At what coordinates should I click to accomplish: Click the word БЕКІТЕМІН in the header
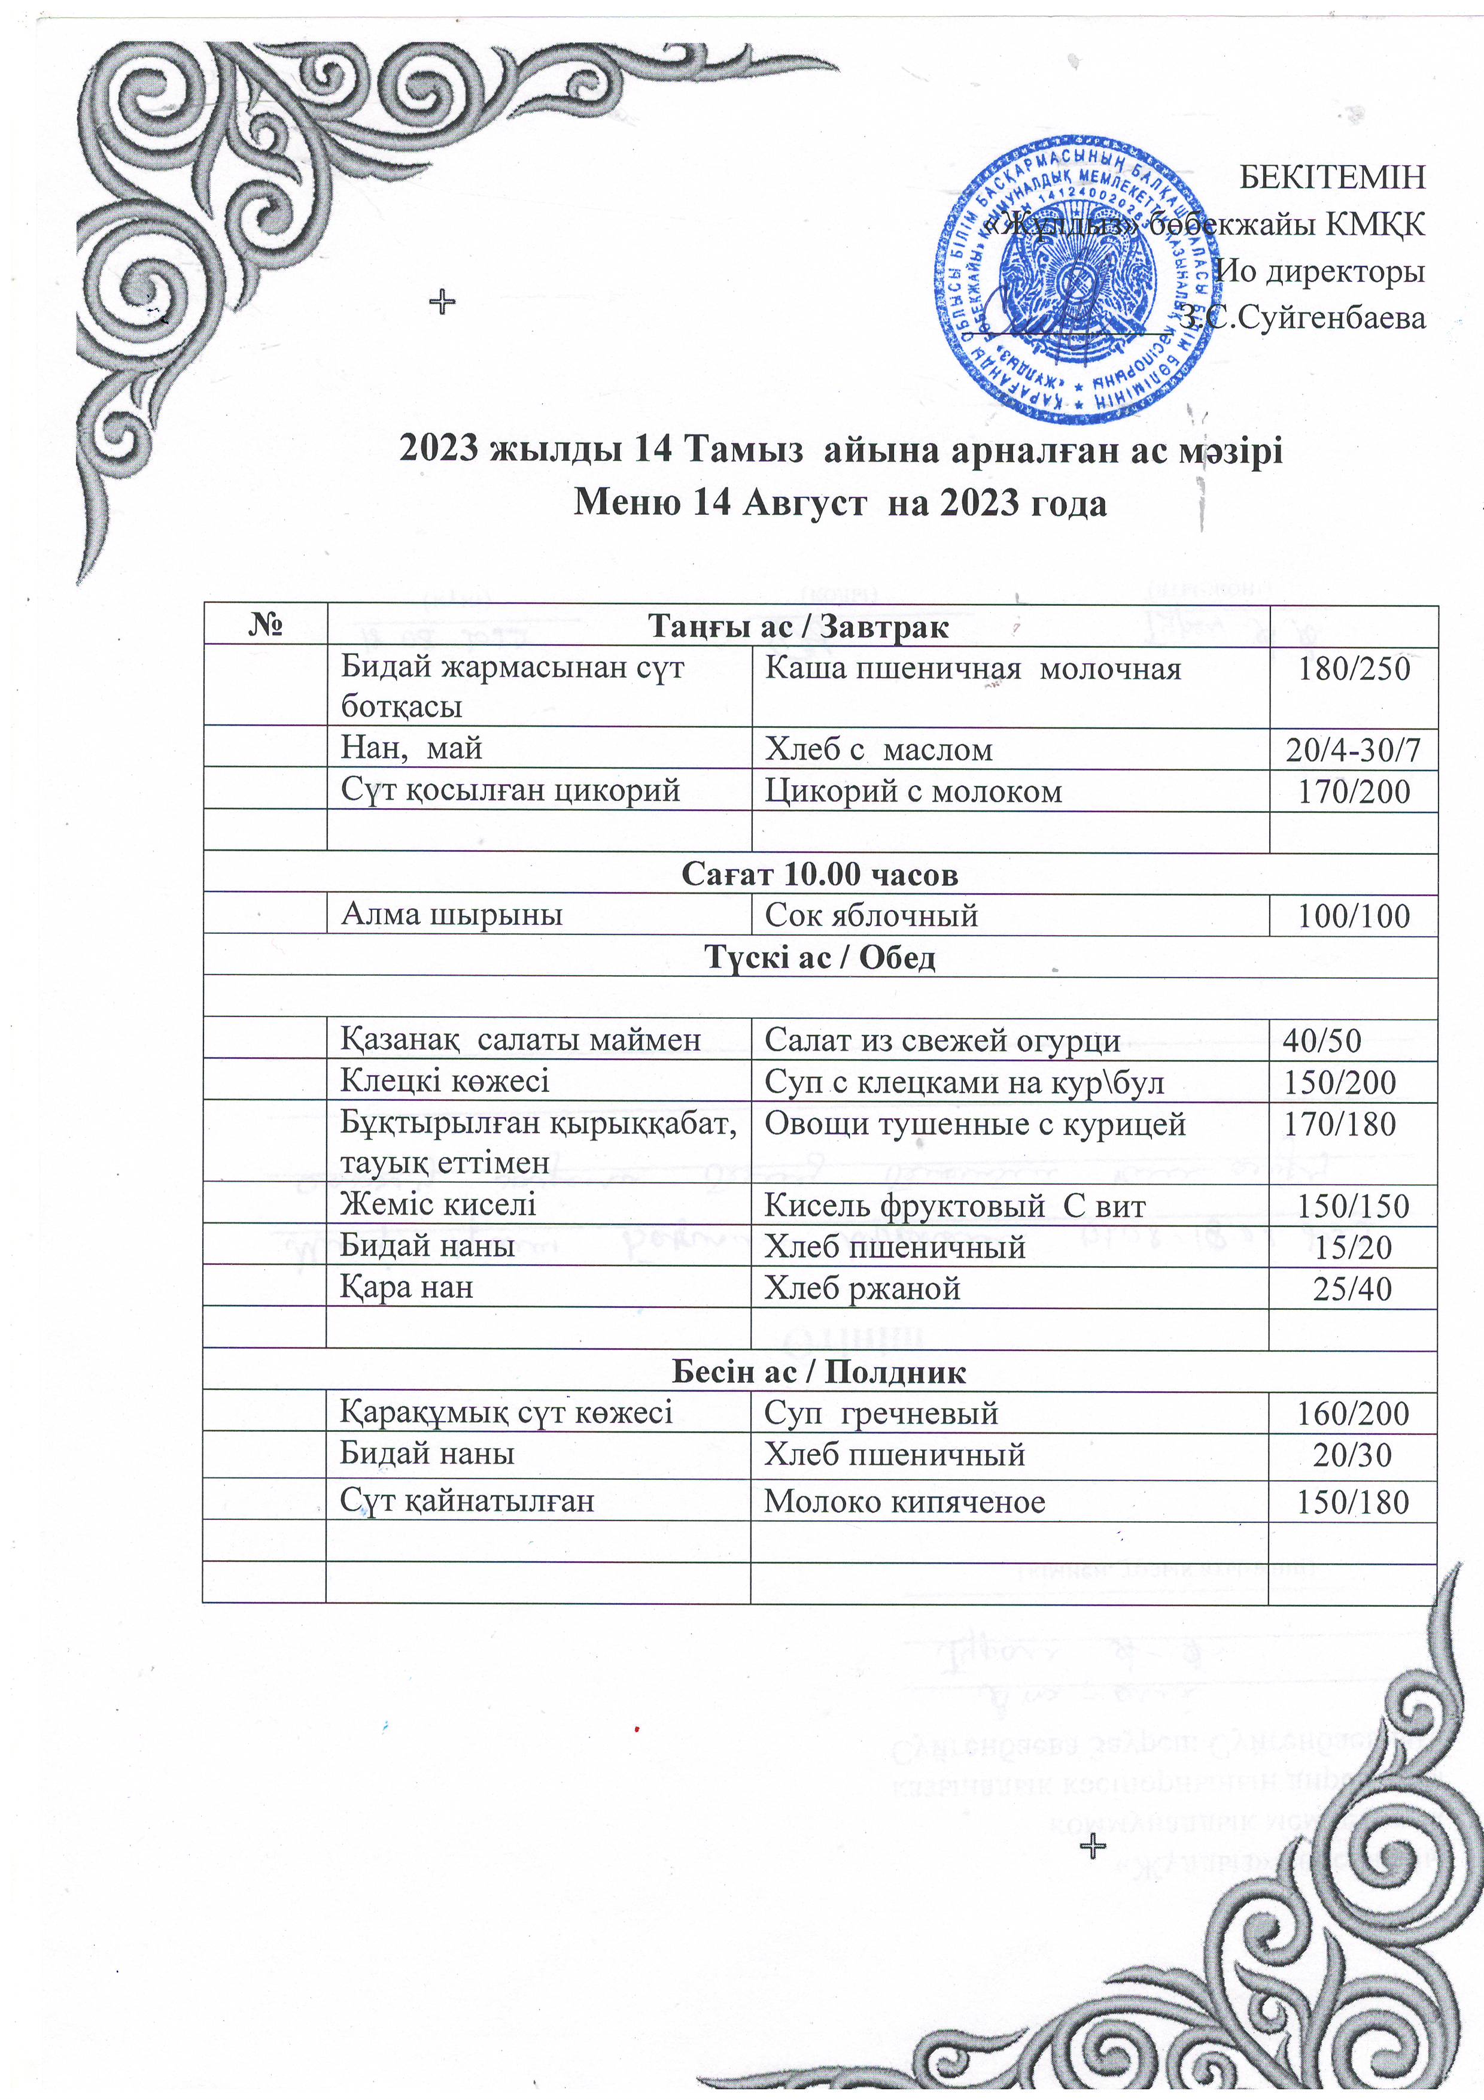1331,177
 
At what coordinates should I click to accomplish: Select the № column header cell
264,627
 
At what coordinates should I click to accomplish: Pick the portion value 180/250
1354,669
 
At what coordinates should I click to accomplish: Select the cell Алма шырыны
452,915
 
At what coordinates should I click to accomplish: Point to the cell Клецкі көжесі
445,1082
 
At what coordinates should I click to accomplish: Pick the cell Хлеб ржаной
862,1289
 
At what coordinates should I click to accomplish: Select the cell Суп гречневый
880,1414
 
